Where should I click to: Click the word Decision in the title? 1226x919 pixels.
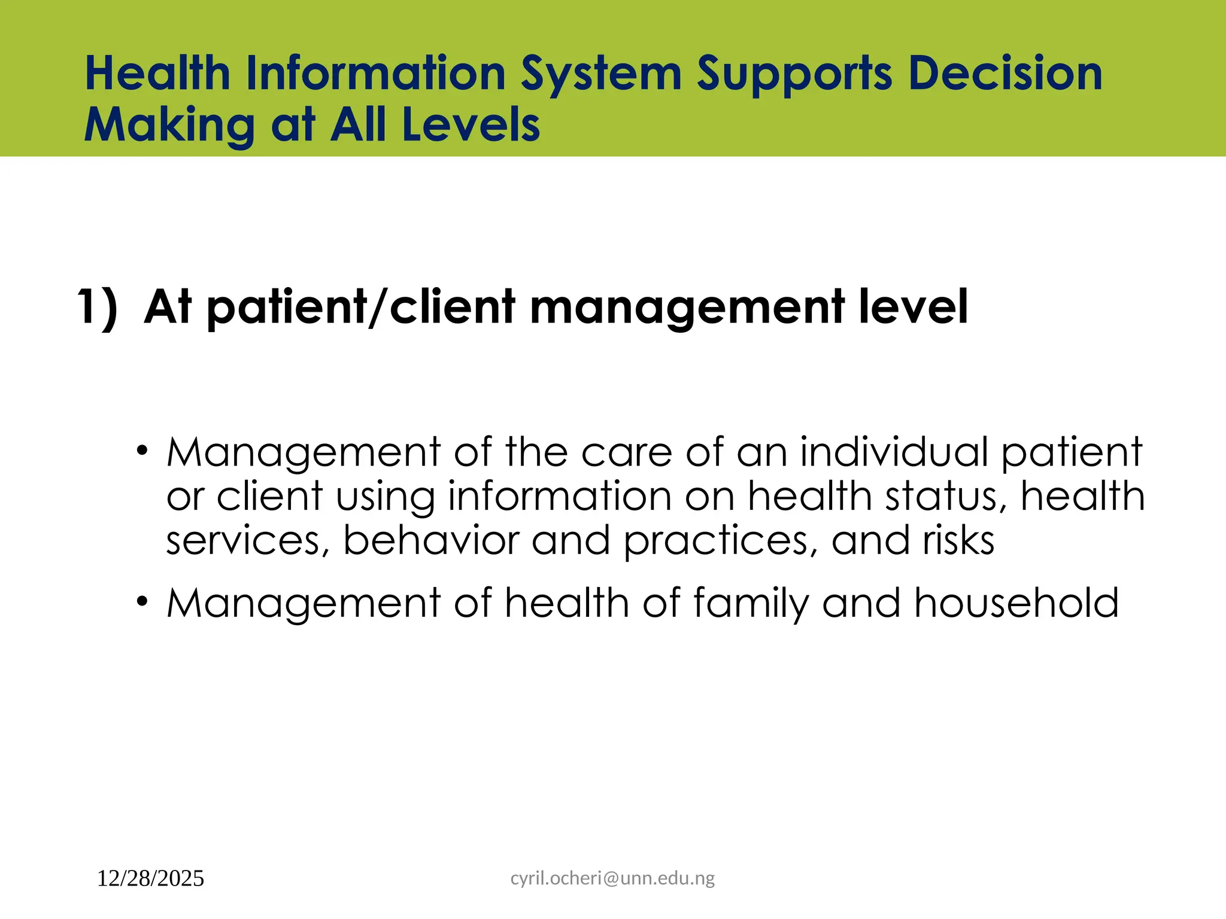tap(1005, 74)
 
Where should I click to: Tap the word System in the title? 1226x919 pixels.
tap(601, 75)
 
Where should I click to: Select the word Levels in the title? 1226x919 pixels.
tap(471, 125)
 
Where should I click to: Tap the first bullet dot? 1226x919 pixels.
tap(141, 450)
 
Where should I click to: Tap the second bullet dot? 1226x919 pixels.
tap(141, 601)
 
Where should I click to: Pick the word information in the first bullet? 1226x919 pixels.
tap(560, 497)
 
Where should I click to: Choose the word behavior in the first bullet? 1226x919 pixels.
tap(431, 541)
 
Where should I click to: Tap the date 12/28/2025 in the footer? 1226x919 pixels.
tap(150, 879)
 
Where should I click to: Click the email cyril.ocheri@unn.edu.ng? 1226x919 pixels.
tap(612, 878)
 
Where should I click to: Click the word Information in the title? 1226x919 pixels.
tap(376, 74)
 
